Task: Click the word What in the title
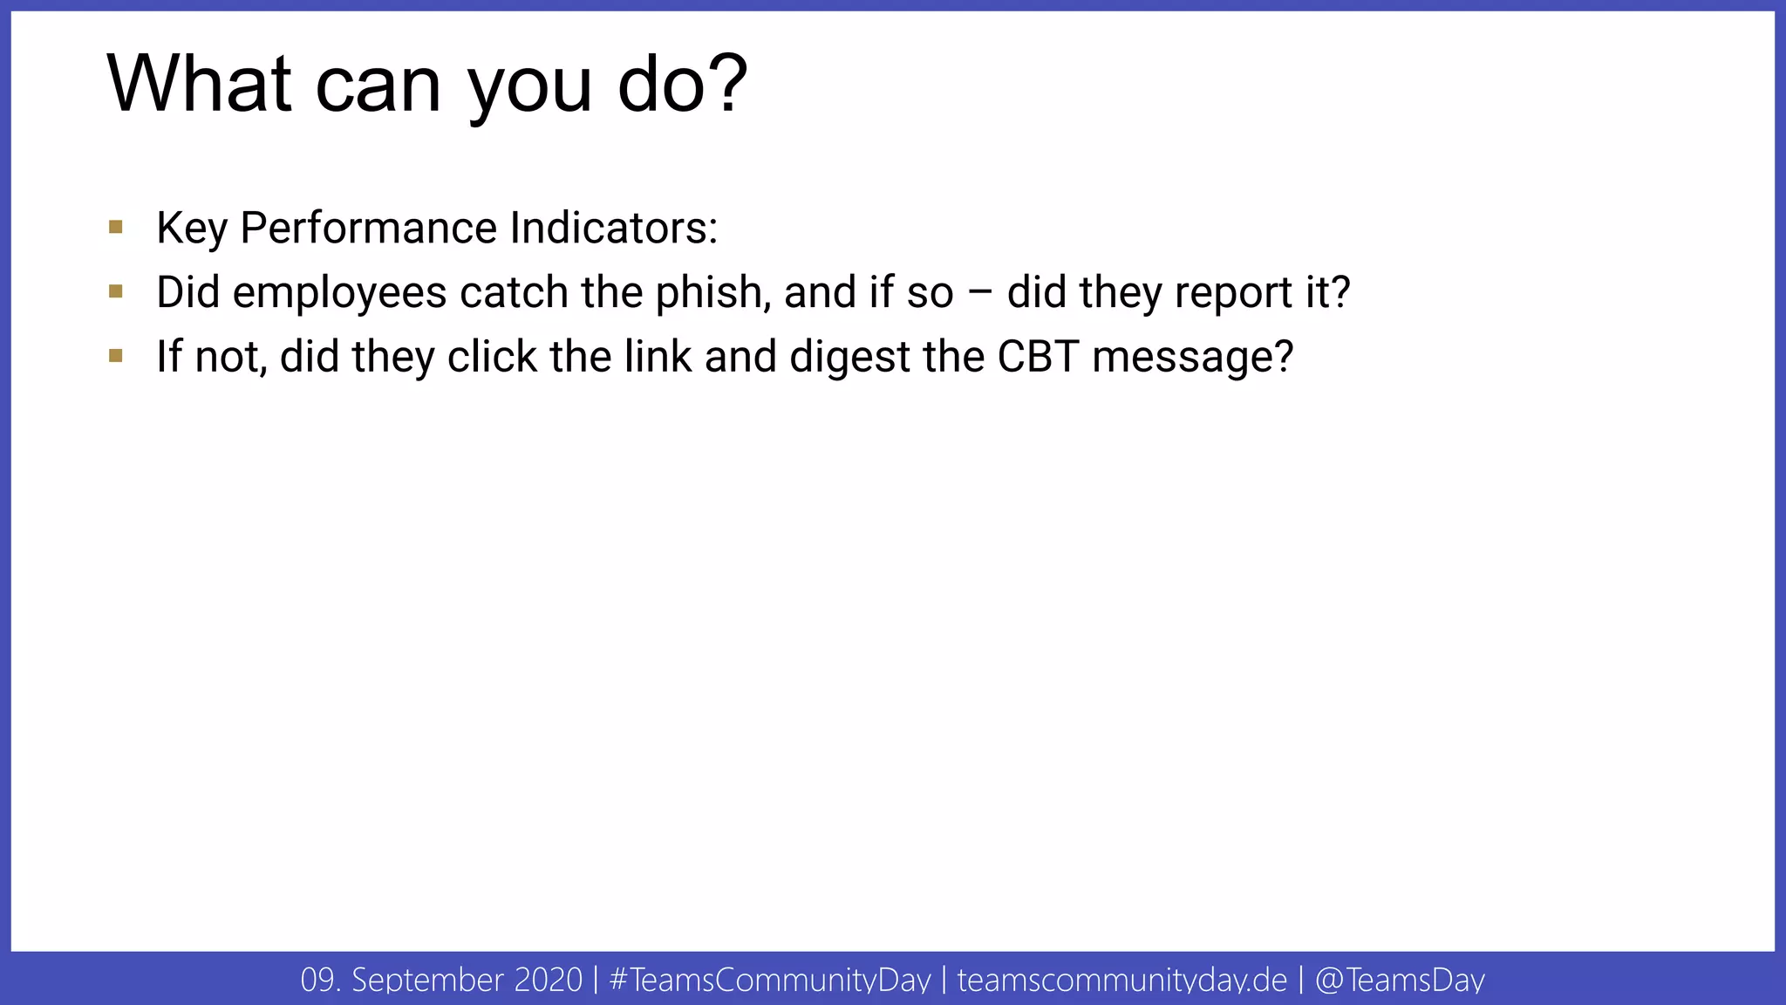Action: coord(199,84)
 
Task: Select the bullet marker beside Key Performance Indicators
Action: coord(116,228)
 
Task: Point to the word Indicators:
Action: coord(614,228)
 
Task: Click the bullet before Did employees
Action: coord(116,291)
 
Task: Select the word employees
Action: coord(339,293)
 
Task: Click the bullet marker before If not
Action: coord(116,356)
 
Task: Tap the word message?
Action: coord(1192,358)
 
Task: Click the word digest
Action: coord(849,358)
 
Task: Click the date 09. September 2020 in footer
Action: coord(441,980)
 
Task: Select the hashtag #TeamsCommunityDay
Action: coord(770,980)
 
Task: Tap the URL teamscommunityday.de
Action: coord(1121,980)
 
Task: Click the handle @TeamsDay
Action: coord(1400,980)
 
